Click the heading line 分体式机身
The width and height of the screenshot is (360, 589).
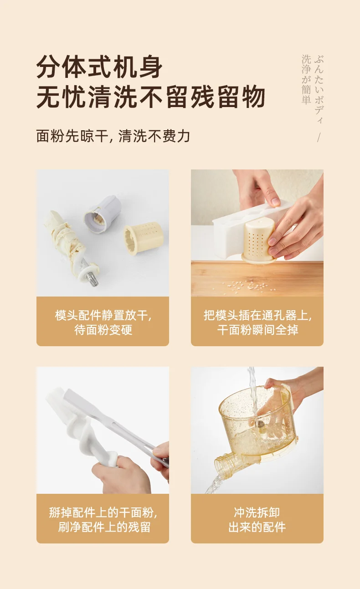point(99,67)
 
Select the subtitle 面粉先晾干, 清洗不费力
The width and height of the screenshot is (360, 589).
point(113,136)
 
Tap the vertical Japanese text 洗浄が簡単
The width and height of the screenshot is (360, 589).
point(306,79)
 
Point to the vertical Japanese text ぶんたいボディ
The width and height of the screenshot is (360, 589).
point(319,89)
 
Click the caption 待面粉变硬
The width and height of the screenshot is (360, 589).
point(103,330)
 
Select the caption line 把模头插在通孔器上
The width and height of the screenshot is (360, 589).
point(257,315)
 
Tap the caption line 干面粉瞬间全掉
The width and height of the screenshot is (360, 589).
point(257,330)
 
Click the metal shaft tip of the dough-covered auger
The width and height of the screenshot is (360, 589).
point(93,280)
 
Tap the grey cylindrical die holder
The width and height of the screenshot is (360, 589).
point(103,214)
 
